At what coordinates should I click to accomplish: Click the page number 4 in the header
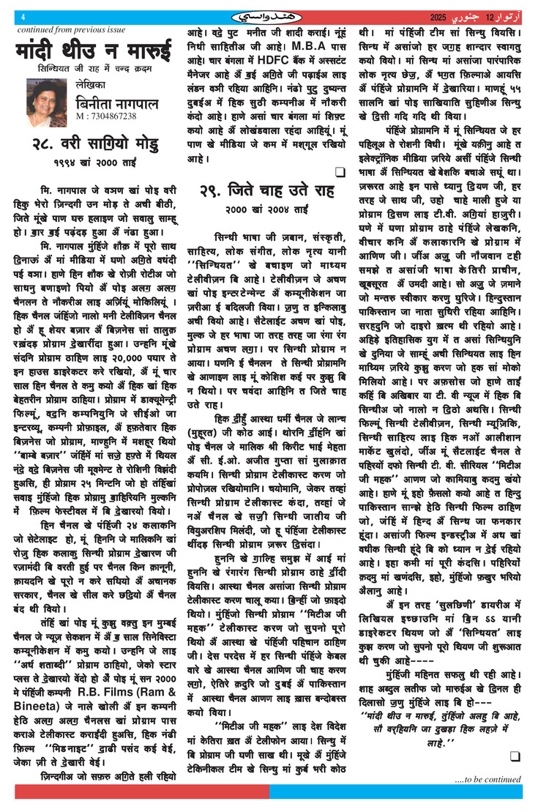(x=24, y=18)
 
